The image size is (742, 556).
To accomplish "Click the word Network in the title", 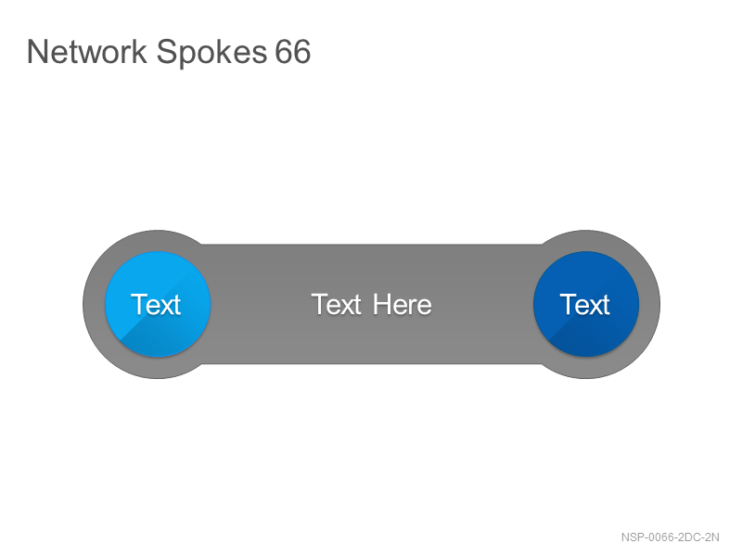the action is [x=86, y=52].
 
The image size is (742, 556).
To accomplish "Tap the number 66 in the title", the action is [x=293, y=52].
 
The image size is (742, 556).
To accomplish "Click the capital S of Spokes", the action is [x=165, y=52].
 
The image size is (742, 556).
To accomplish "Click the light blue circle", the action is [x=158, y=304].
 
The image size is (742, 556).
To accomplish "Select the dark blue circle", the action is [x=586, y=304].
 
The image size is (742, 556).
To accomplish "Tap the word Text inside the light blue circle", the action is [x=156, y=305].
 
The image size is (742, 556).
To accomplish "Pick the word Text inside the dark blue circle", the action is [x=584, y=305].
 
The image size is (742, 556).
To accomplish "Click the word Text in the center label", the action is [x=337, y=305].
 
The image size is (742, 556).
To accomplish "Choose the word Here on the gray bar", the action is [x=403, y=305].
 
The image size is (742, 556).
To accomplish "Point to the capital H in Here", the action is [x=381, y=305].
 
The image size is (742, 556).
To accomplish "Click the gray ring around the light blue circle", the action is [x=94, y=304].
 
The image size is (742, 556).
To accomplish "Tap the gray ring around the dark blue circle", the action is [x=650, y=304].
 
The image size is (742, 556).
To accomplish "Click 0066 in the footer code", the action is [x=659, y=537].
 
